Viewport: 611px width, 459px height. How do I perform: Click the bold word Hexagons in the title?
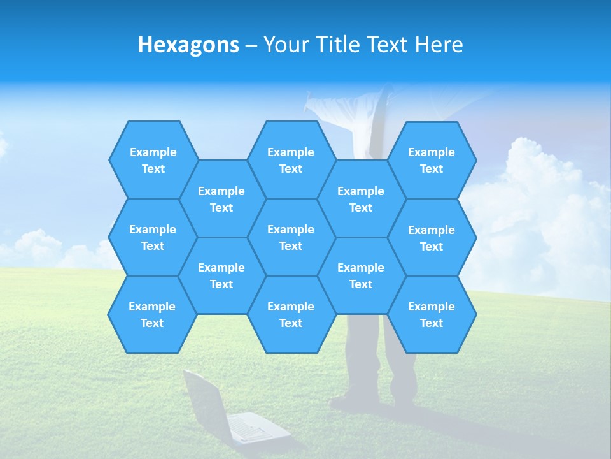188,45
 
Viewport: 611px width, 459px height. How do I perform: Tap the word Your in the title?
284,45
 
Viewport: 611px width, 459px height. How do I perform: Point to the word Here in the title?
439,45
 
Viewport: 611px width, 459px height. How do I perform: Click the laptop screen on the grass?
206,395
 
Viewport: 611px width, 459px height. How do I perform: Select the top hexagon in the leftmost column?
153,160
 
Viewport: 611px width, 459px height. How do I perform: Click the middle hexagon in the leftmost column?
153,237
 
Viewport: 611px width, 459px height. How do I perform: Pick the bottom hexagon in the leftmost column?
152,314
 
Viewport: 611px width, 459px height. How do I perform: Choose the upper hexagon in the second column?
221,199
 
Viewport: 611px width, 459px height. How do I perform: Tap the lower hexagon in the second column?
221,275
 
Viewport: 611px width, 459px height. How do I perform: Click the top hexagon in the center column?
291,160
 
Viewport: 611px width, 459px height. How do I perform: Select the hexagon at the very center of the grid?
291,237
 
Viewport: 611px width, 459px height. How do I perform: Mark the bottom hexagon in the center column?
291,314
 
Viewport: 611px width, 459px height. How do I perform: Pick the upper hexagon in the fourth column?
361,199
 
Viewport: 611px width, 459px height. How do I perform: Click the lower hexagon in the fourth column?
361,275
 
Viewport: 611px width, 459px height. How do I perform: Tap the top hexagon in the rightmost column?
432,160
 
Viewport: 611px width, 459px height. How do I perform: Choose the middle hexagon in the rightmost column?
432,238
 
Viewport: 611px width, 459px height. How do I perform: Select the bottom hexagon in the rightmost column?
432,314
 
